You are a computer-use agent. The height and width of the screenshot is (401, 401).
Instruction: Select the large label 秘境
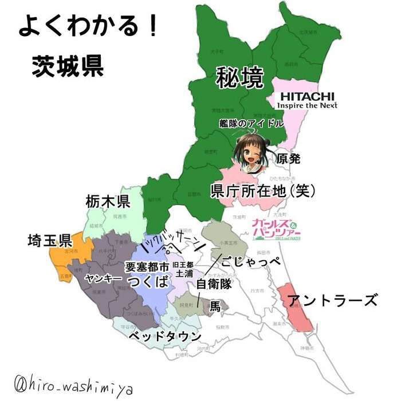pyautogui.click(x=239, y=78)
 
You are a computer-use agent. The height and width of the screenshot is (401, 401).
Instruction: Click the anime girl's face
pyautogui.click(x=251, y=151)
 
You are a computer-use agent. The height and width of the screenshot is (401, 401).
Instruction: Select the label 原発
pyautogui.click(x=288, y=159)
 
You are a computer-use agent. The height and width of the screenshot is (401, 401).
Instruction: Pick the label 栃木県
pyautogui.click(x=108, y=202)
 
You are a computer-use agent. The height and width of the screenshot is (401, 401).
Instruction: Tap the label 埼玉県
pyautogui.click(x=49, y=240)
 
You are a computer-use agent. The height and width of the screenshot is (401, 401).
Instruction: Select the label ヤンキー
pyautogui.click(x=103, y=278)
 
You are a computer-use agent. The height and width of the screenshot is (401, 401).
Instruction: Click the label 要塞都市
pyautogui.click(x=147, y=266)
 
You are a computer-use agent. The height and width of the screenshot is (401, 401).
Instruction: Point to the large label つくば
pyautogui.click(x=148, y=281)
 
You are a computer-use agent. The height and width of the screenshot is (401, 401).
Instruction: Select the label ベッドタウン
pyautogui.click(x=164, y=336)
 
